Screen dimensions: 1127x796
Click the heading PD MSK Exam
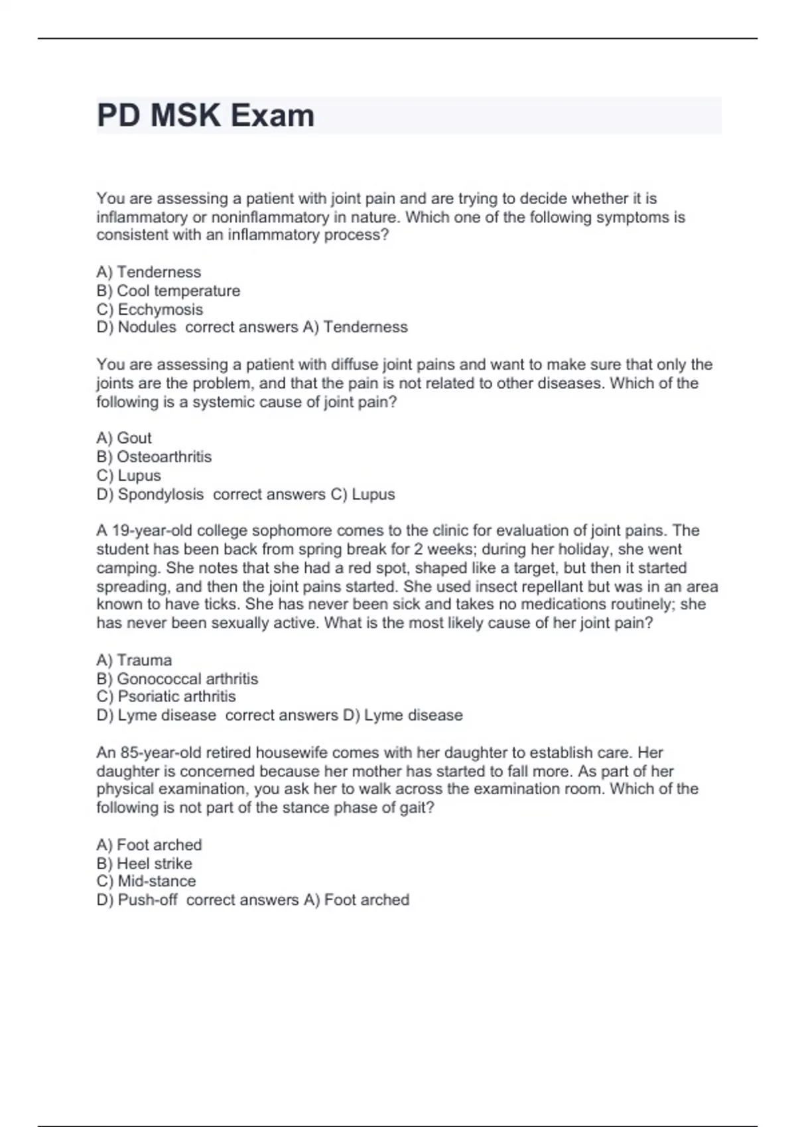206,115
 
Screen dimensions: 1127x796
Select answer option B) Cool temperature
168,291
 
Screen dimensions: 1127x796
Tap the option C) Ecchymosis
150,310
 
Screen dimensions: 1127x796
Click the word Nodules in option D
147,327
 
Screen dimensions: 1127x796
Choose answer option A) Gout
124,438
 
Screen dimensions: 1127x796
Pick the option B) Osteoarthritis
154,457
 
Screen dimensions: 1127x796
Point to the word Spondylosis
161,495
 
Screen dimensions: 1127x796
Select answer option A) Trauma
134,660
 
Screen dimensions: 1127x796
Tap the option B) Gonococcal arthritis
177,679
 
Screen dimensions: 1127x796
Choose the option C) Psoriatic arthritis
166,697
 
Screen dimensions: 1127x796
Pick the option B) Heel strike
144,864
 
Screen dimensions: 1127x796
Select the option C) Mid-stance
146,882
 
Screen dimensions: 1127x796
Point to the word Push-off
147,900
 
